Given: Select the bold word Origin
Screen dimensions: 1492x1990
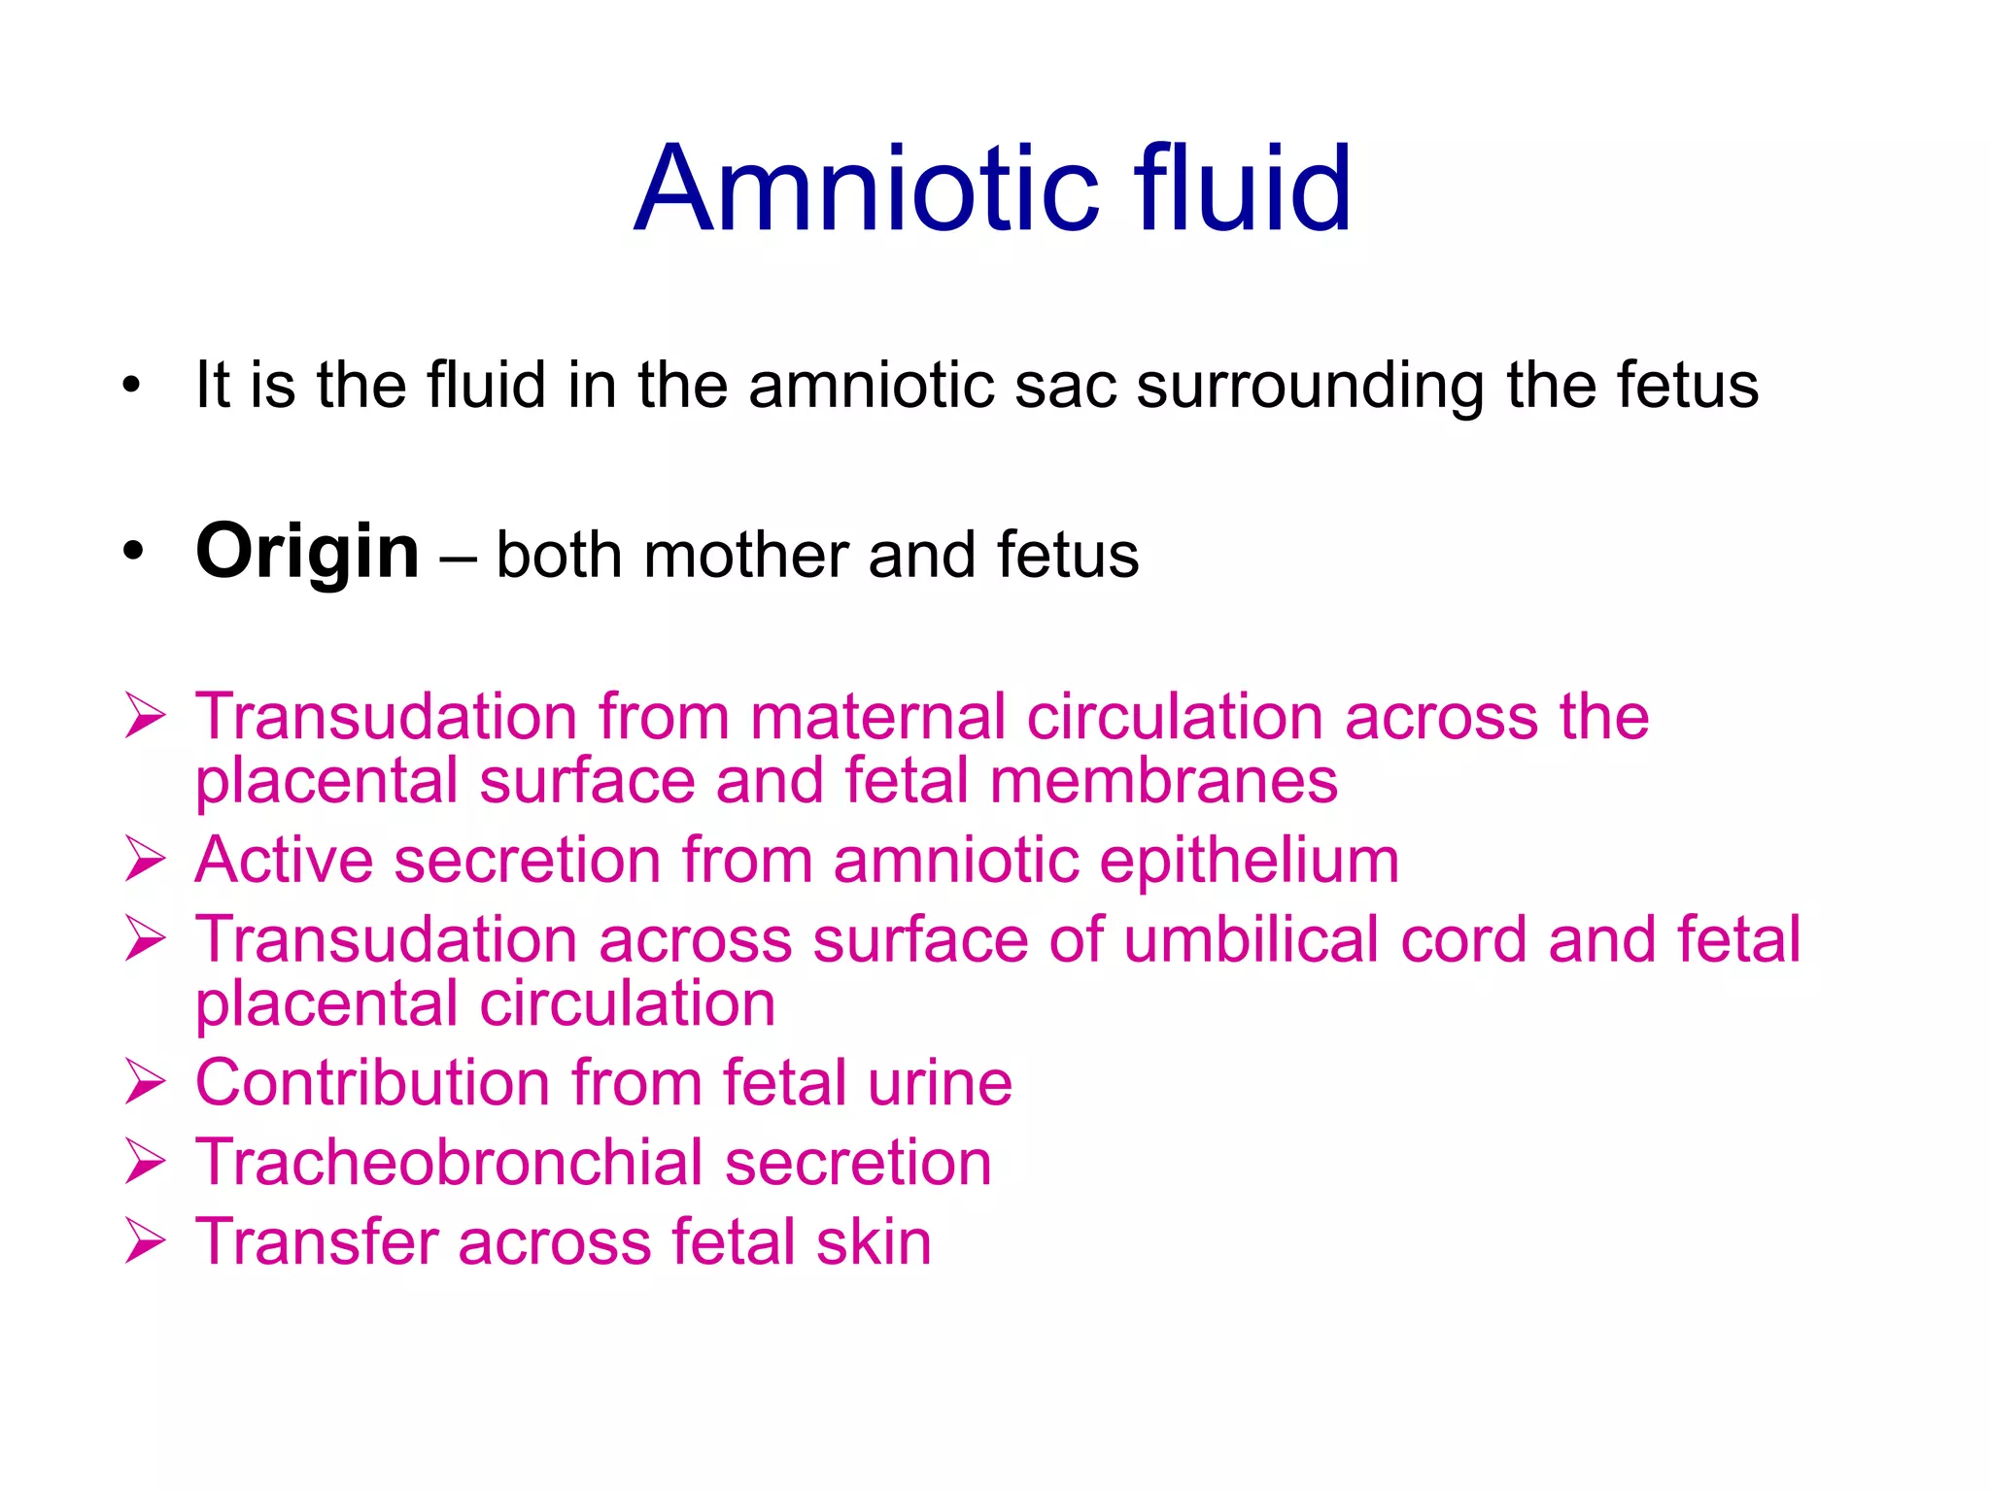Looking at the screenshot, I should (307, 552).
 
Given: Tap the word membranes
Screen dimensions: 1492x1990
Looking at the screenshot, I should (1163, 781).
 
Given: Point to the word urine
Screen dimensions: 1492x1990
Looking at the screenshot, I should (940, 1083).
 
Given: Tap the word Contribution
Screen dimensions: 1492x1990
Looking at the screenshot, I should (372, 1083).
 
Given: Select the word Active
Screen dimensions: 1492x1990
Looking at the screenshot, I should (284, 861).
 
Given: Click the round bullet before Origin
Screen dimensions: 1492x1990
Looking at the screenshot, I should (132, 552).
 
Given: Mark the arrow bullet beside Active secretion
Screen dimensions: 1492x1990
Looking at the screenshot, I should (145, 861).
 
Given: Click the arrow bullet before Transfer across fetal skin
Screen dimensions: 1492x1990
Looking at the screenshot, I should (145, 1242).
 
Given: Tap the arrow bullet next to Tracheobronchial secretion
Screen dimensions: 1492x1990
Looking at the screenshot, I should (145, 1163).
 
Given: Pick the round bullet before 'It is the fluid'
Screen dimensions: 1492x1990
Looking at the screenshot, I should (132, 385).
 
